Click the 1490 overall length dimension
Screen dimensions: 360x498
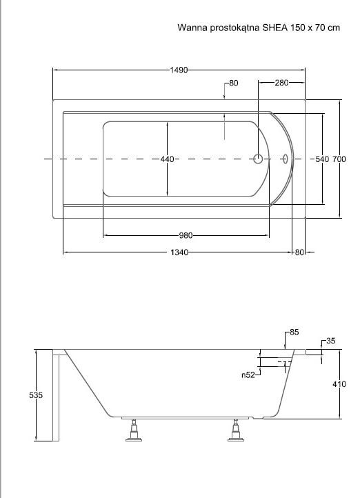(179, 70)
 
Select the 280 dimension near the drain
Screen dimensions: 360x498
(281, 83)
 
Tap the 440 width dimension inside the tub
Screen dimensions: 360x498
(168, 159)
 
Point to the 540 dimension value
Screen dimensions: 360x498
(322, 159)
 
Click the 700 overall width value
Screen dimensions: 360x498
(339, 159)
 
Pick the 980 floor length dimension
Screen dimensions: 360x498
(186, 235)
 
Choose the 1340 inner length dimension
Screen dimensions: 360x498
(179, 252)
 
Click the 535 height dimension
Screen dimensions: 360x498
(36, 395)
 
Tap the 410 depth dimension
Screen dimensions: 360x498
(339, 384)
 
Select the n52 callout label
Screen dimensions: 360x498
(248, 375)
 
